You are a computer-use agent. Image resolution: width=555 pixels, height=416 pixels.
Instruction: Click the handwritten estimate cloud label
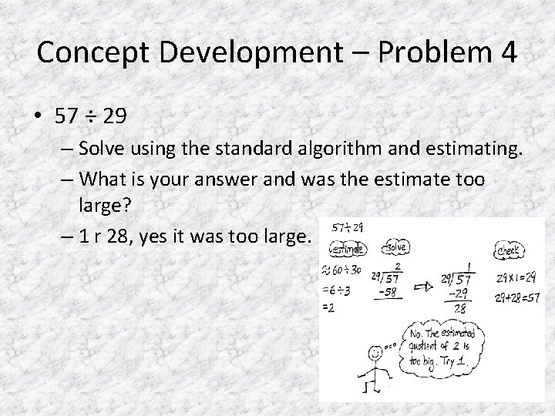click(x=349, y=250)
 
